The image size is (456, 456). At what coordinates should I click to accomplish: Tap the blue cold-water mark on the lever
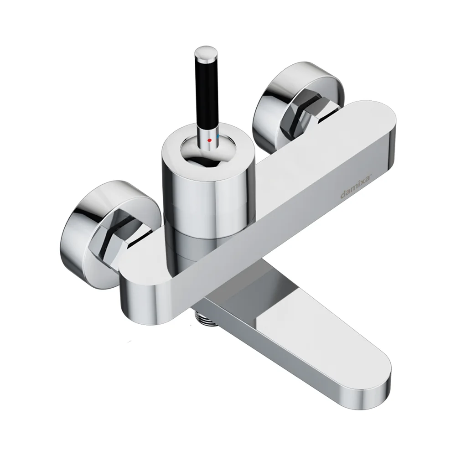coord(218,135)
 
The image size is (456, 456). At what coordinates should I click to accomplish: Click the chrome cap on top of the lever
coord(207,54)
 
